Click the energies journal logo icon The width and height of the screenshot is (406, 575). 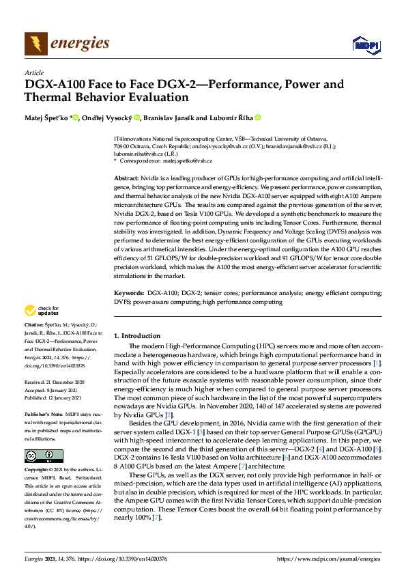(x=36, y=44)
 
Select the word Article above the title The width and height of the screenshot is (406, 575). (x=34, y=72)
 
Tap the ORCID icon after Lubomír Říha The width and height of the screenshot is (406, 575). (x=258, y=117)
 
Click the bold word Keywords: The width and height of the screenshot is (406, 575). (x=129, y=292)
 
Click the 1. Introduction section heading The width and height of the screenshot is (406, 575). (x=137, y=336)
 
